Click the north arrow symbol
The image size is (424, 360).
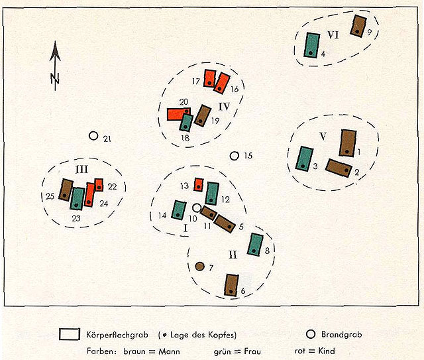coord(55,66)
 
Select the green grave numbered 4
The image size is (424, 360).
coord(312,45)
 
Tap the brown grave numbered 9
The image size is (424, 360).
coord(358,25)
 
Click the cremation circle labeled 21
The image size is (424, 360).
coord(93,136)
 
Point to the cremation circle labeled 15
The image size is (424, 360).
coord(234,156)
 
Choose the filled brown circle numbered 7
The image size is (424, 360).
coord(199,267)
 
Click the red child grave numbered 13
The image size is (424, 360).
coord(199,184)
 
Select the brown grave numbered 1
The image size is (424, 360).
coord(348,143)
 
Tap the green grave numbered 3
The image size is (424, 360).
coord(305,159)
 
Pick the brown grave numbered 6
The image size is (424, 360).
coord(231,285)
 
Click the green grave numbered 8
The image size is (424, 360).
coord(255,245)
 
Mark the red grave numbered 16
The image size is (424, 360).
coord(222,84)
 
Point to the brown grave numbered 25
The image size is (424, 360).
coord(66,190)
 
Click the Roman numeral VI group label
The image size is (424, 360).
coord(333,35)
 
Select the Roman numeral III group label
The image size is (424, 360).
coord(81,170)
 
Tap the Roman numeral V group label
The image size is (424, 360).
coord(323,136)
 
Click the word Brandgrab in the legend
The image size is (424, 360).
coord(342,335)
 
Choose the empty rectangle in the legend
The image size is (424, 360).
coord(70,334)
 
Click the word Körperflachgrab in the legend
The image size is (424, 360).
coord(117,335)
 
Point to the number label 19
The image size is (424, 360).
coord(215,121)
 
